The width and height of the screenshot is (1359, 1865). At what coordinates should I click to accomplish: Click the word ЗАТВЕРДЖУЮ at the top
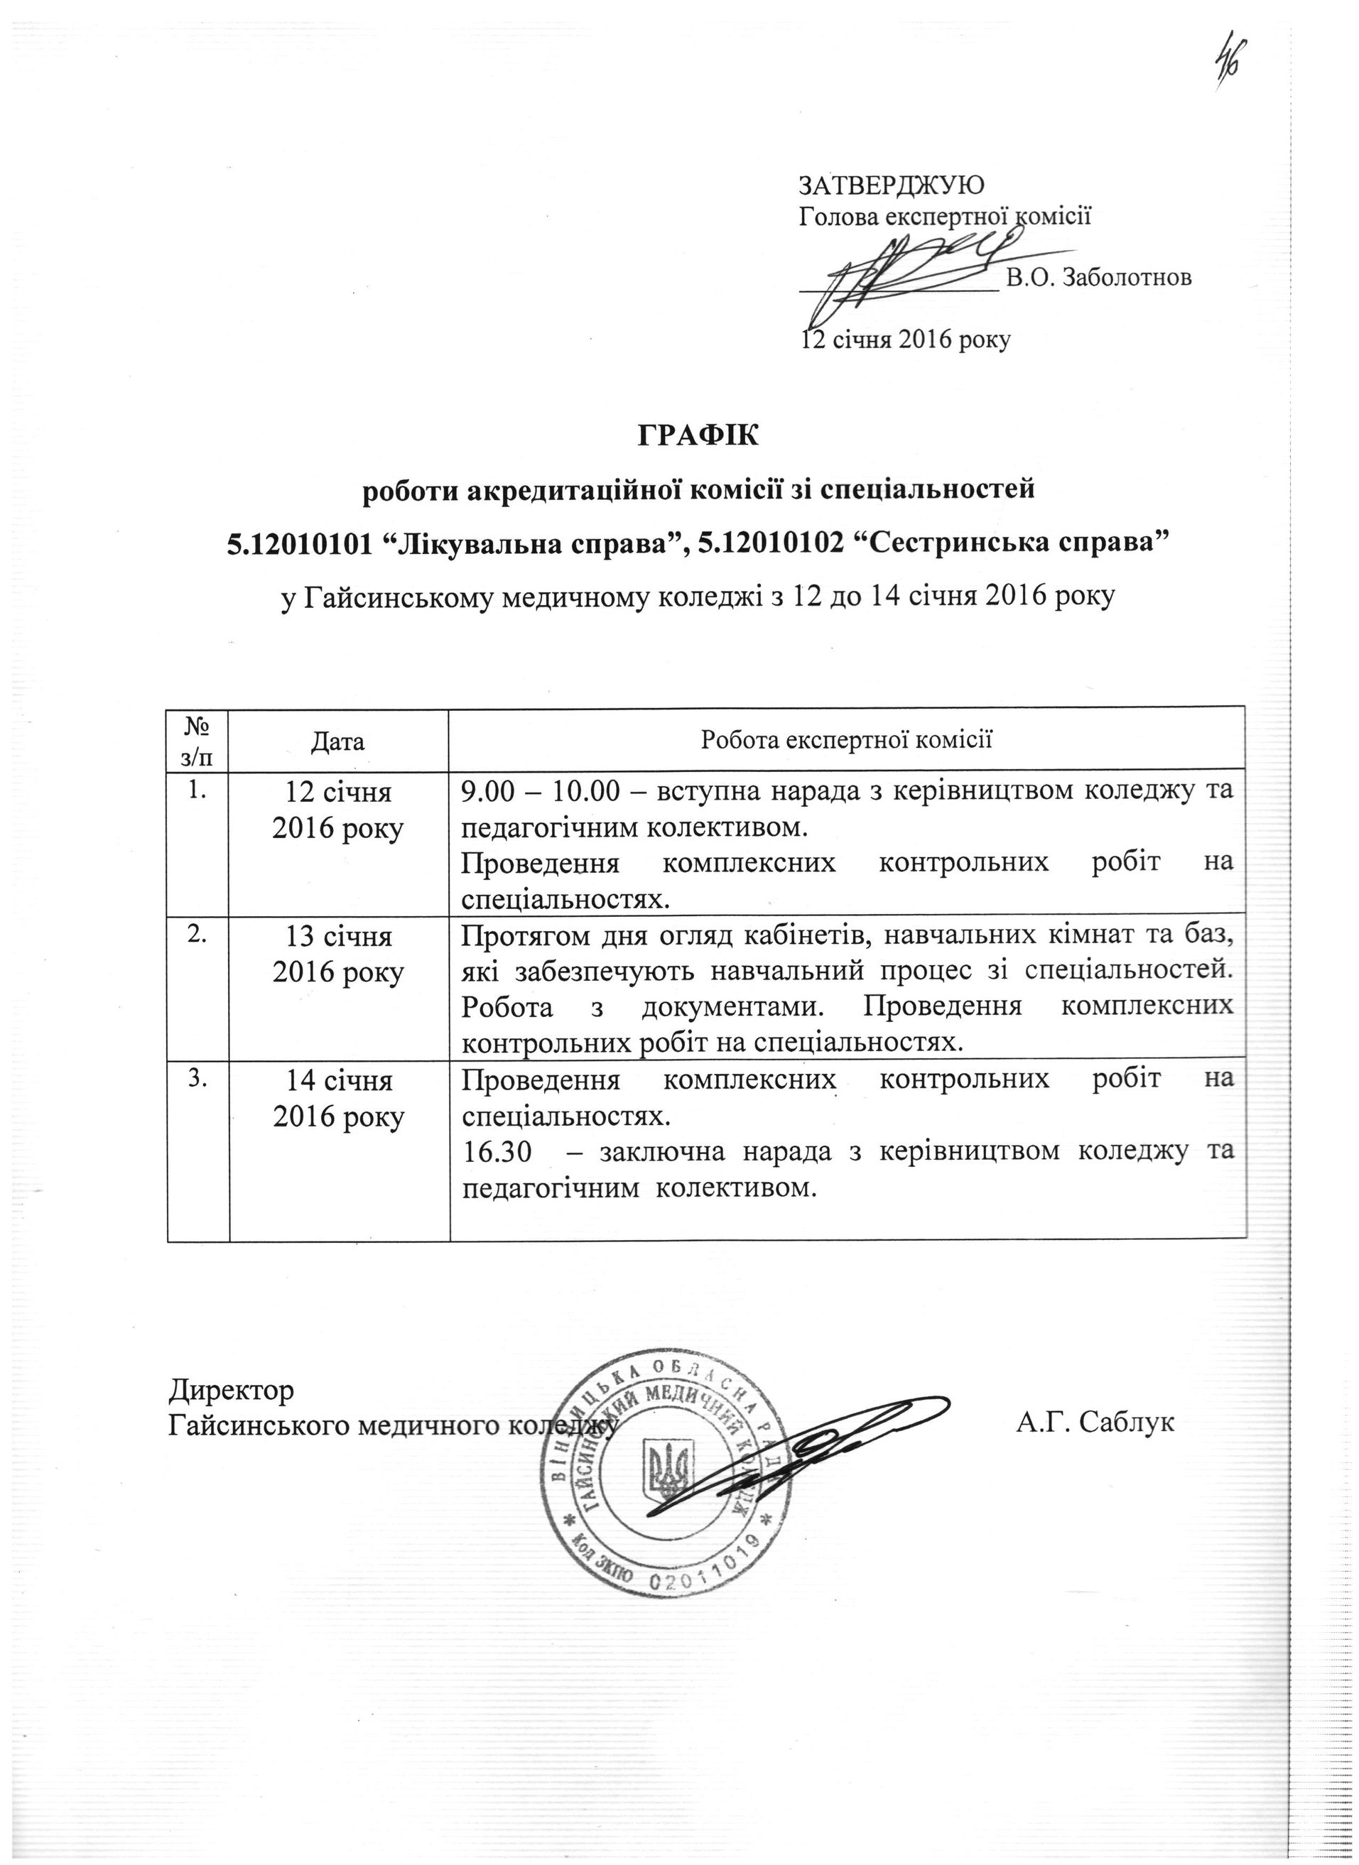[889, 183]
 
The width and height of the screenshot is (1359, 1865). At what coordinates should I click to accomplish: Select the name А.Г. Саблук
[1094, 1422]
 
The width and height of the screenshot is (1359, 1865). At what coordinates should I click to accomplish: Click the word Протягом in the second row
[516, 936]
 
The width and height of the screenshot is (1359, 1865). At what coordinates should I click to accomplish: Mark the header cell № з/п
[197, 739]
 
